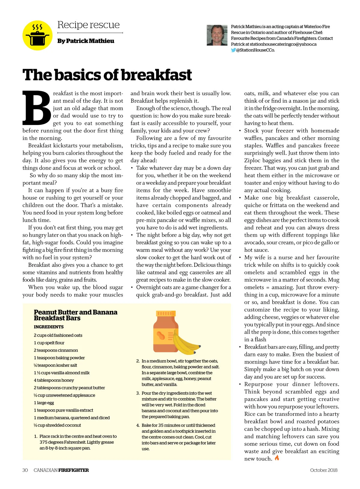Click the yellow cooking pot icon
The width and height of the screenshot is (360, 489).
[37, 35]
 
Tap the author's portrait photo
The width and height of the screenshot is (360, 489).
[217, 35]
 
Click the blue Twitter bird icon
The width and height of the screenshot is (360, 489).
[233, 50]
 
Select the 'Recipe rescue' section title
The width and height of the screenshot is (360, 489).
[88, 25]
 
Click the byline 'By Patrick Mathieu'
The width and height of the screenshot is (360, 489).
[86, 41]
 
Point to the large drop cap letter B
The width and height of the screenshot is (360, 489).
[36, 108]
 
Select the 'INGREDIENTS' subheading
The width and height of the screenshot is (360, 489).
[49, 327]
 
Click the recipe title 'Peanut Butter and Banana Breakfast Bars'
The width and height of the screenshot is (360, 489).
[75, 315]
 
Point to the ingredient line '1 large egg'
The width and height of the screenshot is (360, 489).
[44, 403]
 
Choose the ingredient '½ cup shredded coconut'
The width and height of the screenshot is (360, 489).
[57, 425]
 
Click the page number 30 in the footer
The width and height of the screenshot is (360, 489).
[25, 470]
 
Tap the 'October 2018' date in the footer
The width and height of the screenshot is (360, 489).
[324, 470]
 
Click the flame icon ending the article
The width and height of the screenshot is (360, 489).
[277, 458]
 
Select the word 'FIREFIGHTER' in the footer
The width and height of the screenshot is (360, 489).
[73, 470]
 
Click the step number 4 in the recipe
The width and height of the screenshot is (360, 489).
[138, 425]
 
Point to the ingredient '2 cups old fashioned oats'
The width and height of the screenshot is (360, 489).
[58, 335]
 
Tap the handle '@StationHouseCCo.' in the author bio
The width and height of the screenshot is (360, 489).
[255, 50]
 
